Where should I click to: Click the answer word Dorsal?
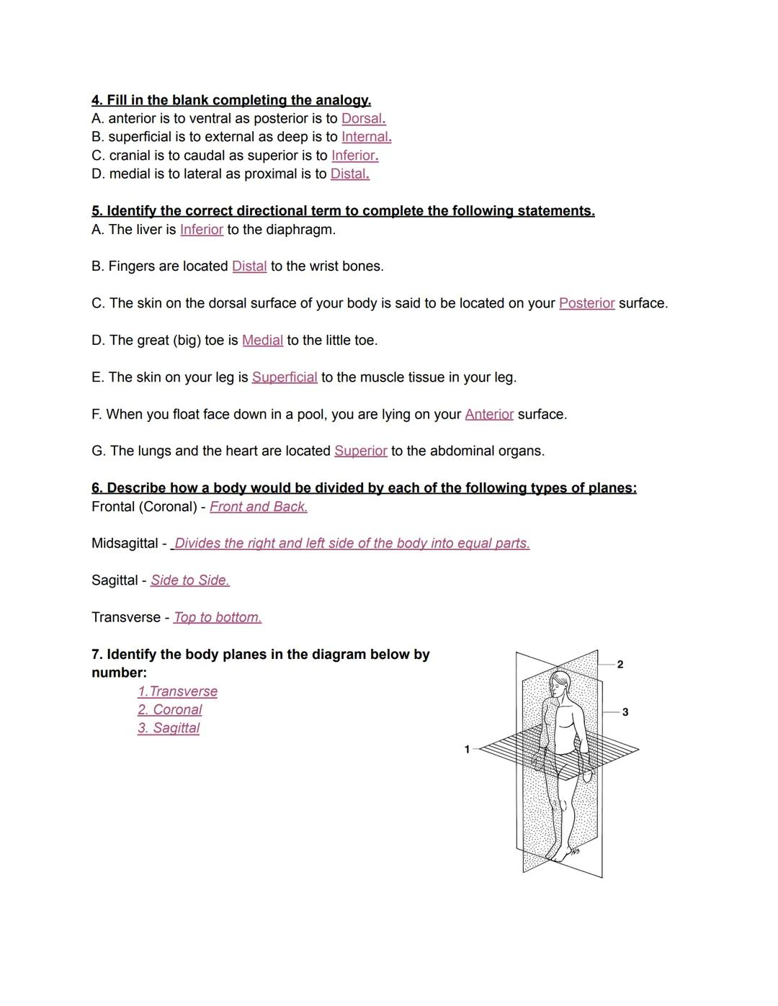[x=362, y=119]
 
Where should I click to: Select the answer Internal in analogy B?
[x=365, y=137]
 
